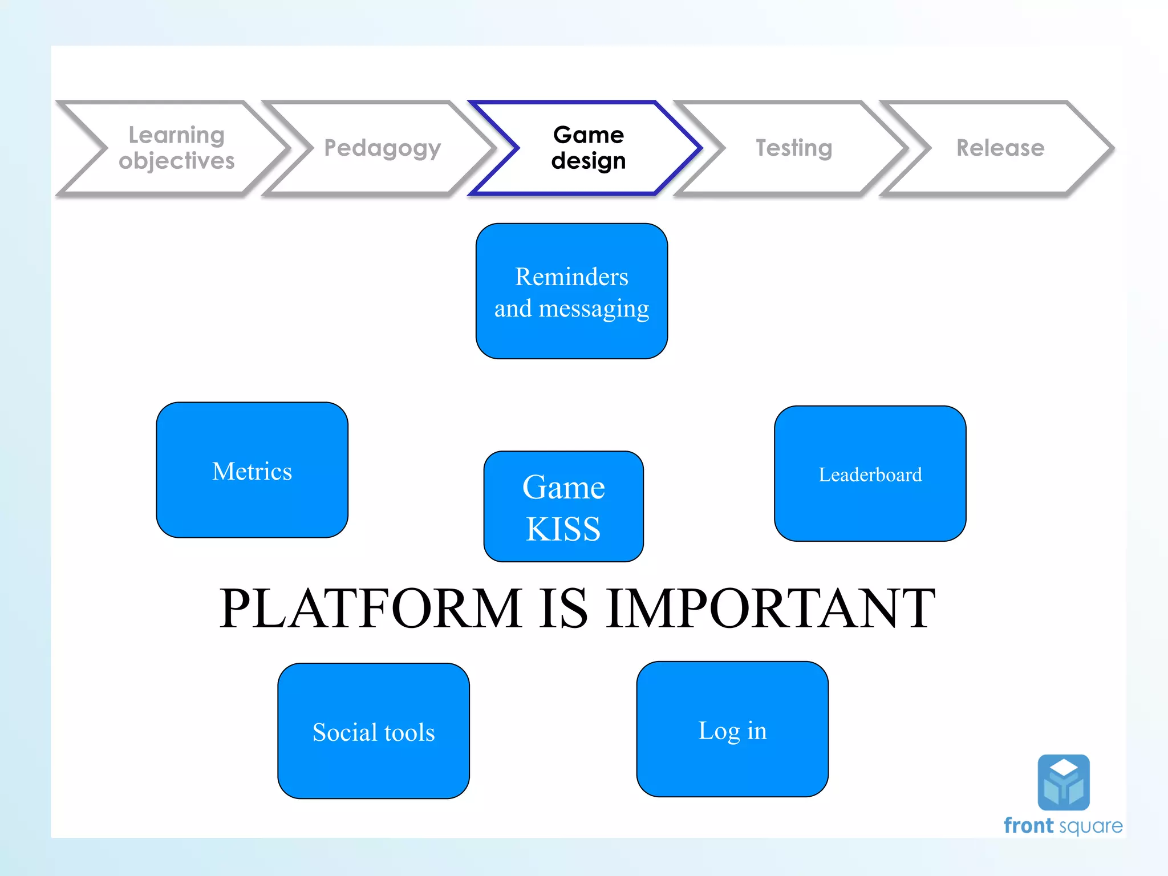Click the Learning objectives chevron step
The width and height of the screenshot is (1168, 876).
pyautogui.click(x=176, y=148)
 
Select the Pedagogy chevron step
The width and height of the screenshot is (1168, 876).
pyautogui.click(x=382, y=148)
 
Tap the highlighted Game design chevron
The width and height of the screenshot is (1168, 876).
pyautogui.click(x=588, y=148)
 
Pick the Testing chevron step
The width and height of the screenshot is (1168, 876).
pyautogui.click(x=794, y=148)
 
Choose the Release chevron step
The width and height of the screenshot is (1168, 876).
pyautogui.click(x=1000, y=148)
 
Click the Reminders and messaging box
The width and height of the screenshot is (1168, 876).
pyautogui.click(x=571, y=291)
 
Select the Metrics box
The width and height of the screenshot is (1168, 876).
pyautogui.click(x=252, y=470)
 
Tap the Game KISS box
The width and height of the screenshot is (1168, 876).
pyautogui.click(x=563, y=506)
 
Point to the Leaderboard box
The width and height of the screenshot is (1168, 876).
pyautogui.click(x=870, y=473)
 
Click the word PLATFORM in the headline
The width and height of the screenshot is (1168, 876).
pyautogui.click(x=371, y=609)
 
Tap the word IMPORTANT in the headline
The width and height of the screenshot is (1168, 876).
pyautogui.click(x=770, y=609)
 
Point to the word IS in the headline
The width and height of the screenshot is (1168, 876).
pyautogui.click(x=563, y=609)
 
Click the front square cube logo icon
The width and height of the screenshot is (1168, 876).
pyautogui.click(x=1063, y=782)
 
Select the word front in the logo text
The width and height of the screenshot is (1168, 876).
pyautogui.click(x=1028, y=826)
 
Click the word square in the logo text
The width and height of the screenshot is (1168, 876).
pyautogui.click(x=1091, y=826)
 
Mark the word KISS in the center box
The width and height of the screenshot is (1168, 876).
pyautogui.click(x=563, y=529)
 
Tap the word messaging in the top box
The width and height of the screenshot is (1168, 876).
pyautogui.click(x=594, y=309)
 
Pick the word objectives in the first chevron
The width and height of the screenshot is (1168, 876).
pyautogui.click(x=176, y=161)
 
